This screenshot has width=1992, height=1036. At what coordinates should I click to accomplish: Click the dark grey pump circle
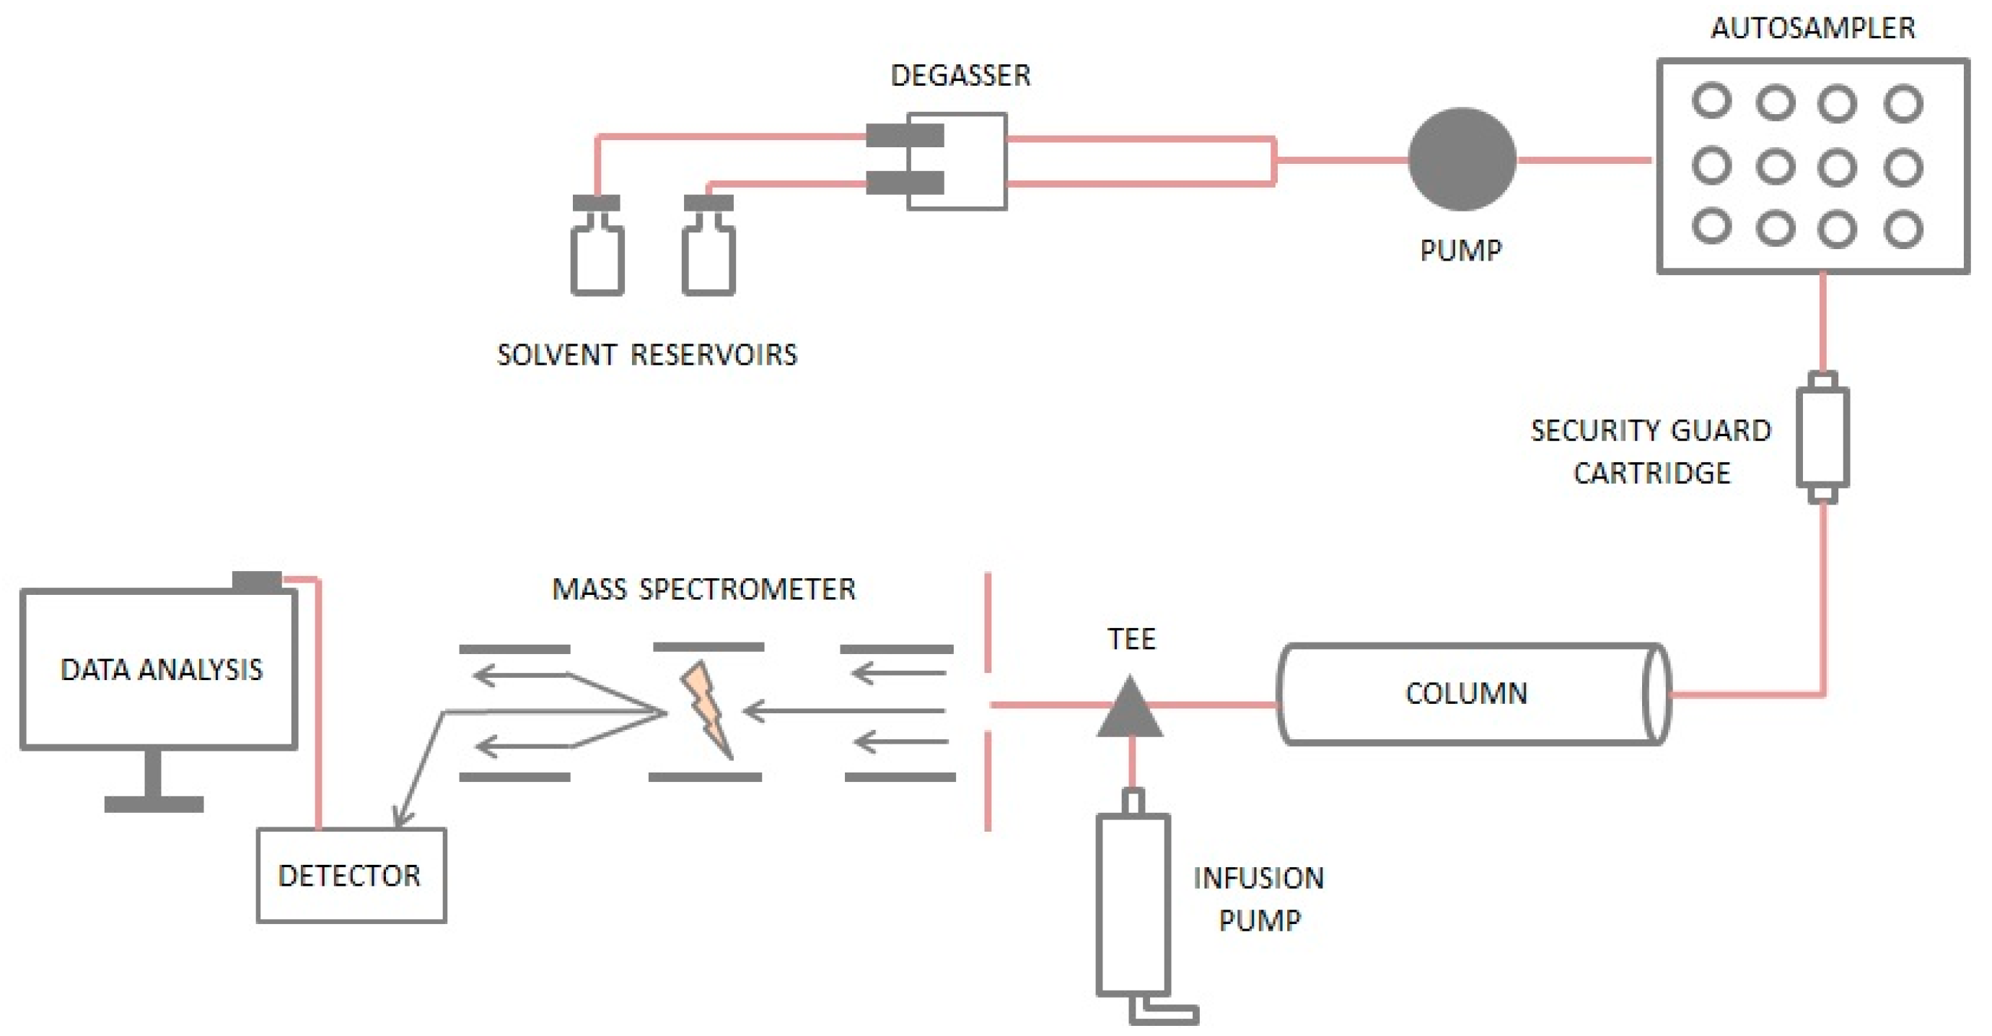coord(1461,160)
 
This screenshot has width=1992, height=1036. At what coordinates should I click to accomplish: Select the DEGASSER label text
coord(960,75)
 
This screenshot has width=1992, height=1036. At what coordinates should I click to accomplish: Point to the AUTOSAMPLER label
coord(1812,28)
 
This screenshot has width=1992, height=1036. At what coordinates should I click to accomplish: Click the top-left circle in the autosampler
coord(1711,101)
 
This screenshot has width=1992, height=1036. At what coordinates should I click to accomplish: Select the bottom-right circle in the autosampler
coord(1903,228)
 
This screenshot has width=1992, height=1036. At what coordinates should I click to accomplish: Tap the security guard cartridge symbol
coord(1822,438)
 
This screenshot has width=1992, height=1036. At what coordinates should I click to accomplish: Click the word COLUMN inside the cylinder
coord(1466,693)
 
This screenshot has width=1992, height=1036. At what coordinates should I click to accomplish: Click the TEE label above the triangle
coord(1131,639)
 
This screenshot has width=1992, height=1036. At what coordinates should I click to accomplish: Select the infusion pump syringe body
coord(1132,904)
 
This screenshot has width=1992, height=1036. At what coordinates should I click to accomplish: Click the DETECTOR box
coord(351,875)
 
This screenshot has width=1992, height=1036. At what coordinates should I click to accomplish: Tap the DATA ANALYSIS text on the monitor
coord(161,669)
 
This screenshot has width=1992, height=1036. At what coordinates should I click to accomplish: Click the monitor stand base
coord(154,804)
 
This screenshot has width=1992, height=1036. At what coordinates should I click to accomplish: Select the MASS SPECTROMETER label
coord(703,590)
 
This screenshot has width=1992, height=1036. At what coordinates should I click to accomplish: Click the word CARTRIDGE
coord(1651,473)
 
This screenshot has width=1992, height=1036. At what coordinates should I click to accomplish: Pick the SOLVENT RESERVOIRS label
coord(646,354)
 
